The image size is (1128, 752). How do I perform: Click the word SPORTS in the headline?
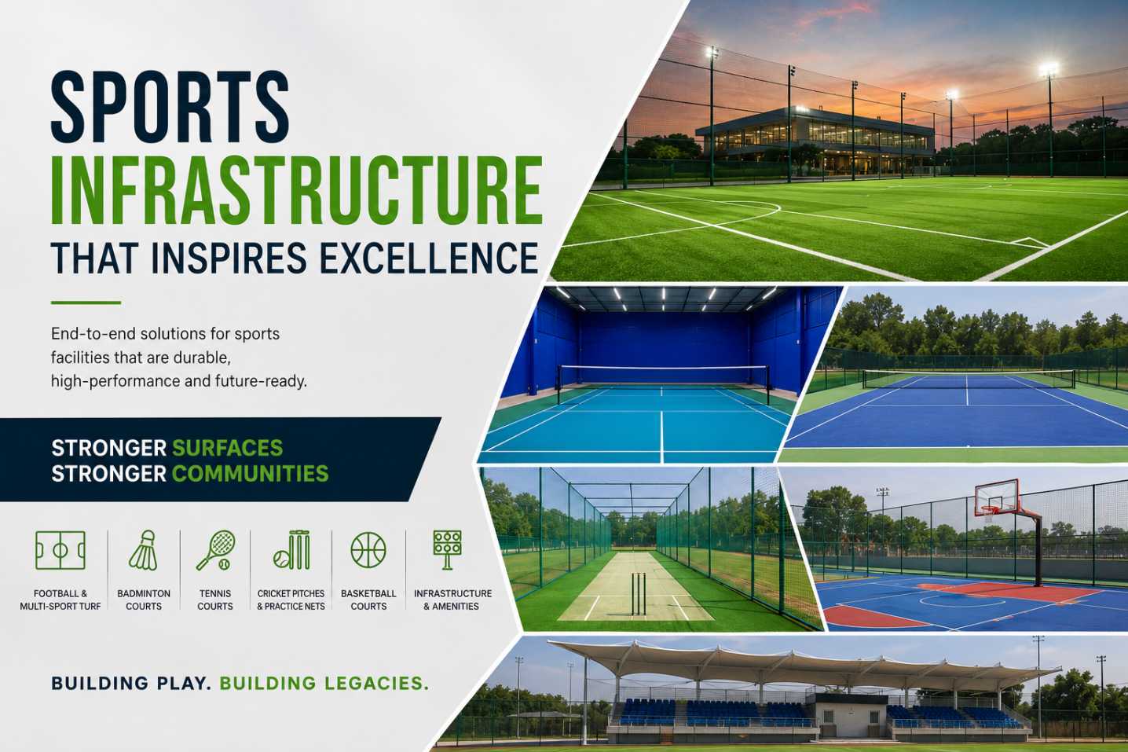click(170, 106)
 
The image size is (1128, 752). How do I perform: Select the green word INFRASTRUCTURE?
click(297, 191)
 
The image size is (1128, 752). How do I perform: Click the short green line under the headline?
click(86, 303)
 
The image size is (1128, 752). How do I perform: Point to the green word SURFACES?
click(228, 448)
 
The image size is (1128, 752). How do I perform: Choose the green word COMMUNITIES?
click(251, 474)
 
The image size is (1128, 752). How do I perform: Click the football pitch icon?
click(60, 551)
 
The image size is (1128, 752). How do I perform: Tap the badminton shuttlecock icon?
click(144, 551)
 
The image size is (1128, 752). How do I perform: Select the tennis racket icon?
click(215, 551)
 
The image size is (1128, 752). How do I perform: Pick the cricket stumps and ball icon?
click(291, 551)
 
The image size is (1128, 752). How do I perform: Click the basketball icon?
click(368, 551)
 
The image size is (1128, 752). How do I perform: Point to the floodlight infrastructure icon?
click(447, 550)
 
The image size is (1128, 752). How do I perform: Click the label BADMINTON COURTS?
click(144, 600)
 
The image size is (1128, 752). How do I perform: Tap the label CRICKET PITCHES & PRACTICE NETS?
click(291, 600)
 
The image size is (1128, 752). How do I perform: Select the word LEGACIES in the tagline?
click(375, 684)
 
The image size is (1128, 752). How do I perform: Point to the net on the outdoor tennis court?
click(969, 380)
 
